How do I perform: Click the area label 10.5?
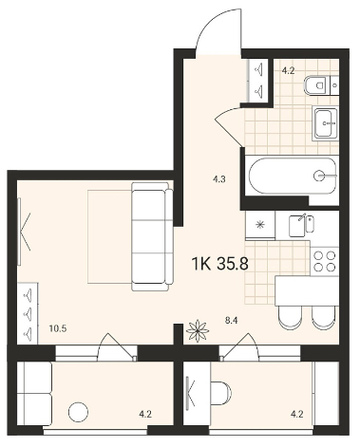[58, 328]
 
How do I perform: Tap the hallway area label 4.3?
[218, 179]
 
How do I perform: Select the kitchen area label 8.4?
[231, 321]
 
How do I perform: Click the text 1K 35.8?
[219, 263]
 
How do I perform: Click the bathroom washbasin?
[325, 123]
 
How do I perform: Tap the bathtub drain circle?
[319, 176]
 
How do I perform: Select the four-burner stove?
[324, 261]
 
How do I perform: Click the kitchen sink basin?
[296, 226]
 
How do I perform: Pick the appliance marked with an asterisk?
[260, 225]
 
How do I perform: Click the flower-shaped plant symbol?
[198, 330]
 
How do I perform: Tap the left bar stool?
[290, 318]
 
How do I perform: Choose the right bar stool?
[323, 318]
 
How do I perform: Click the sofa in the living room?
[152, 236]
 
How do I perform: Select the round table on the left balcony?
[78, 412]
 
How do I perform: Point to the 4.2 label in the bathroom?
[288, 70]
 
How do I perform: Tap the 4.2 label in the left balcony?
[145, 414]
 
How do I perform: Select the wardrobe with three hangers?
[28, 313]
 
